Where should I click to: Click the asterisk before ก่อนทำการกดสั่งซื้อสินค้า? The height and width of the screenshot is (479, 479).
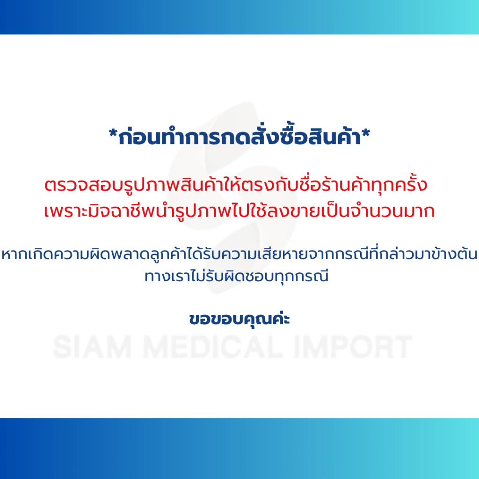(x=113, y=133)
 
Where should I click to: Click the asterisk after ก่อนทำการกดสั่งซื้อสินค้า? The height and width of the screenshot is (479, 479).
(x=366, y=133)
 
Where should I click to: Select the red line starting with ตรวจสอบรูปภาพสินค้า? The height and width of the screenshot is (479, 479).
(x=236, y=184)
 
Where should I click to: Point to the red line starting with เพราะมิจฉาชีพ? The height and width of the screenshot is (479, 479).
(x=239, y=211)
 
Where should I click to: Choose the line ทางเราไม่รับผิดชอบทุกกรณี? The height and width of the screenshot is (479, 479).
(x=236, y=276)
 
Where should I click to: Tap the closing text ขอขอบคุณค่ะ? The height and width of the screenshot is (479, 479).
(x=239, y=319)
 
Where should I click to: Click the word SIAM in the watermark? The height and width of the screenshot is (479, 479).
(x=93, y=347)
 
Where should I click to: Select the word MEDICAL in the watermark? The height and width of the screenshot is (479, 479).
(x=213, y=347)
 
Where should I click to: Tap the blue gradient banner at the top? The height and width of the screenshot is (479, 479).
(x=239, y=17)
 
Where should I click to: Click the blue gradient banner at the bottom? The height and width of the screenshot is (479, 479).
(x=239, y=449)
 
